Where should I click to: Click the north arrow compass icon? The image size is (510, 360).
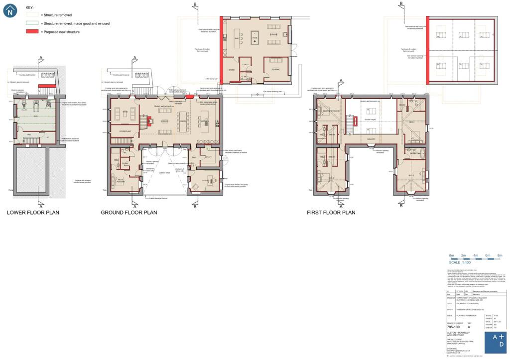(x=10, y=11)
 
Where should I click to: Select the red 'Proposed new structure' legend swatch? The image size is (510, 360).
(x=32, y=31)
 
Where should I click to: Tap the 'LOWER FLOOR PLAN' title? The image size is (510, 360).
(x=33, y=213)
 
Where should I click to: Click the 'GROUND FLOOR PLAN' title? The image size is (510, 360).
(x=129, y=213)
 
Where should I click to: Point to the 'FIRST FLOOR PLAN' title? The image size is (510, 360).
(x=331, y=213)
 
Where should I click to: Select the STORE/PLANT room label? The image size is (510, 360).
(x=125, y=131)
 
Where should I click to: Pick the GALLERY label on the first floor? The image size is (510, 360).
(x=371, y=139)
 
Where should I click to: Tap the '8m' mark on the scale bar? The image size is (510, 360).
(x=500, y=255)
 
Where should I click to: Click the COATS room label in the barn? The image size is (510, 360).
(x=246, y=64)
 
